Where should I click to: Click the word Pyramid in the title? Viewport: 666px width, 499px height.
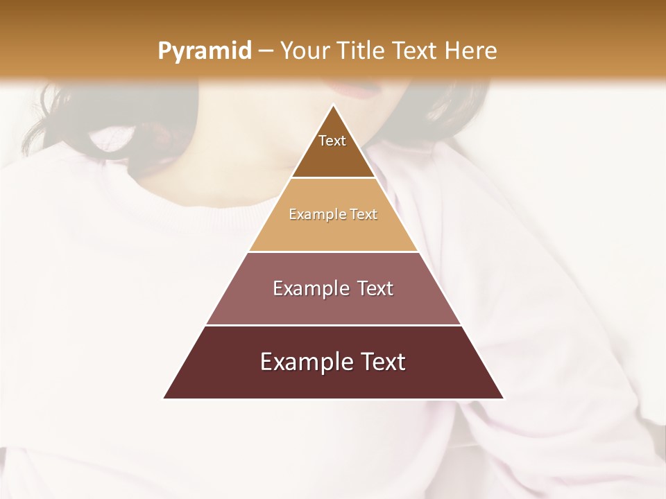(204, 51)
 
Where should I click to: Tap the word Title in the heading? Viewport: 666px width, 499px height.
(361, 51)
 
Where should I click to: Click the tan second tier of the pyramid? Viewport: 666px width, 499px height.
(333, 229)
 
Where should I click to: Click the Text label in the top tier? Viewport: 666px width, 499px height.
(332, 141)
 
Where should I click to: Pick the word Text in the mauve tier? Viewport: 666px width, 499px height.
(375, 288)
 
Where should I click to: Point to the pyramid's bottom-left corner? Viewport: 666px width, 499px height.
(164, 399)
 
